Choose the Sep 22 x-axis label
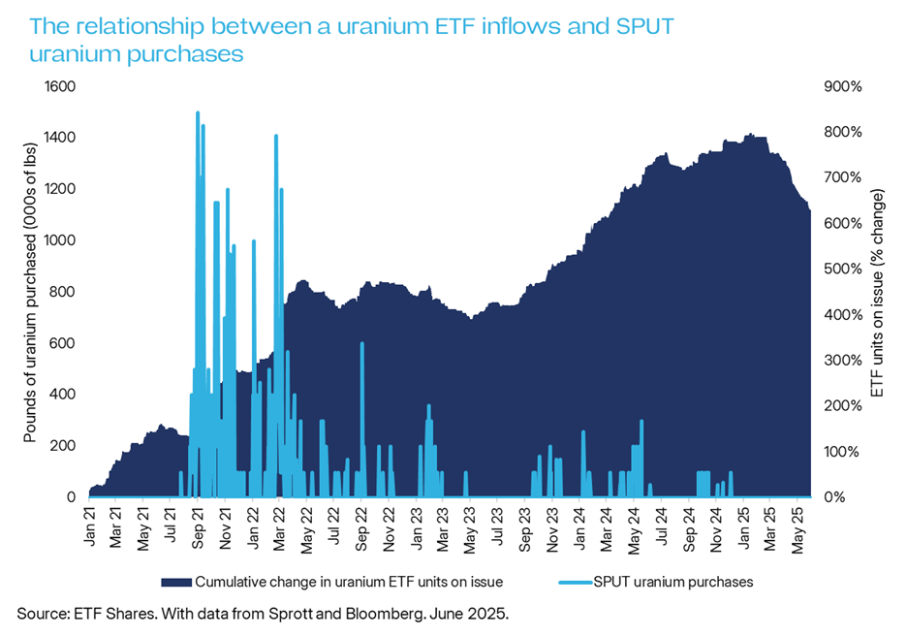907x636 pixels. pyautogui.click(x=360, y=525)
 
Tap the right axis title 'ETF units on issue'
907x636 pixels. pyautogui.click(x=879, y=291)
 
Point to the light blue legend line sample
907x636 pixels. pyautogui.click(x=579, y=582)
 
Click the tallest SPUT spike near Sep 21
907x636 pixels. pyautogui.click(x=198, y=113)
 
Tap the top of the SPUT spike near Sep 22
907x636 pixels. pyautogui.click(x=361, y=343)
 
